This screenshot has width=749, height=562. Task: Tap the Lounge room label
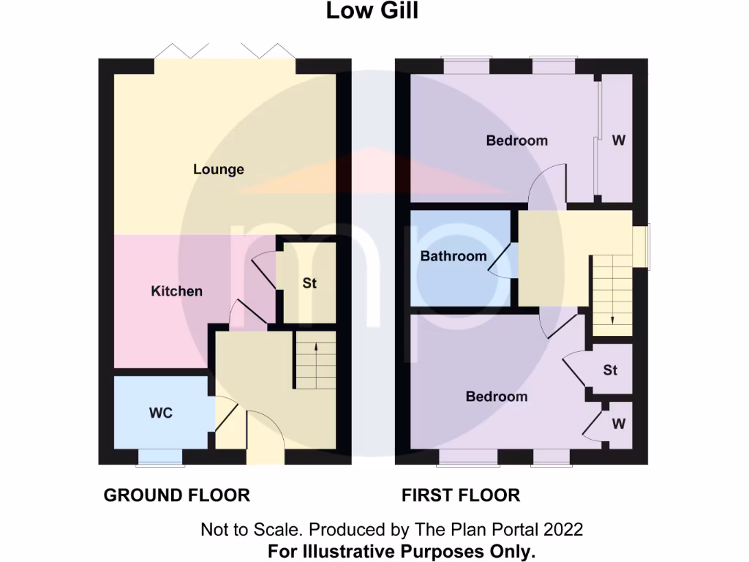tap(218, 170)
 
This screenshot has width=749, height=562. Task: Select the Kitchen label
tap(176, 291)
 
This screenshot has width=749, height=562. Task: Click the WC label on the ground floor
tap(161, 413)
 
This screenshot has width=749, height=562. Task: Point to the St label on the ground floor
tap(309, 283)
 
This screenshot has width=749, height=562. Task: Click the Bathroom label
tap(453, 256)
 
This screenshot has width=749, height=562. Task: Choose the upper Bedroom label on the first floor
tap(516, 140)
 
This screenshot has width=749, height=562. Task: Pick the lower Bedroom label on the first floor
tap(497, 397)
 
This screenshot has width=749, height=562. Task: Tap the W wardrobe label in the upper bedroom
tap(619, 140)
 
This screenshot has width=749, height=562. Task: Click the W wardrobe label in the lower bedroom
tap(619, 424)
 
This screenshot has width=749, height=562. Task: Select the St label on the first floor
tap(610, 370)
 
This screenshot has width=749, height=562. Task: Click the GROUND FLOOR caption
tap(176, 495)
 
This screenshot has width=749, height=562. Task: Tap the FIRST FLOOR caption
tap(461, 495)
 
